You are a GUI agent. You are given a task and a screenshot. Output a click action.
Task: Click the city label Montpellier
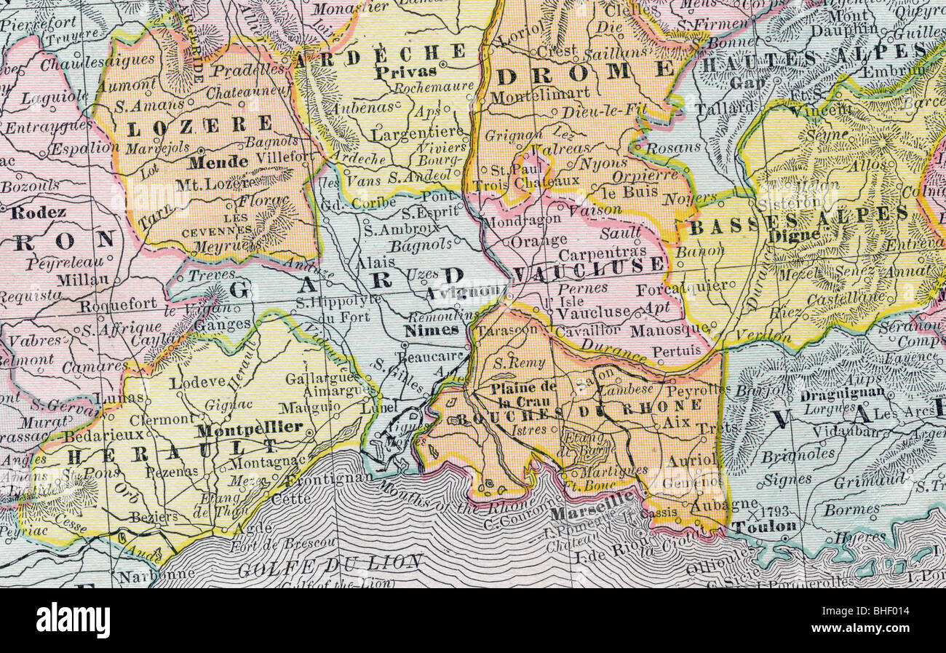click(250, 427)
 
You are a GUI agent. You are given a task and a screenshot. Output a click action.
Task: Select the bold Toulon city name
click(763, 526)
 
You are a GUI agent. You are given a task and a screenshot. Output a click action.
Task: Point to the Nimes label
click(431, 329)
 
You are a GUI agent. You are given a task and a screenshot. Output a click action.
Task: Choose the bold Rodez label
click(39, 213)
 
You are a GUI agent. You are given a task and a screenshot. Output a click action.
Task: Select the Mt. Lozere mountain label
click(215, 183)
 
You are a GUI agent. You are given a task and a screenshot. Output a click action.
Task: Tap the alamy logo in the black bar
click(73, 620)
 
